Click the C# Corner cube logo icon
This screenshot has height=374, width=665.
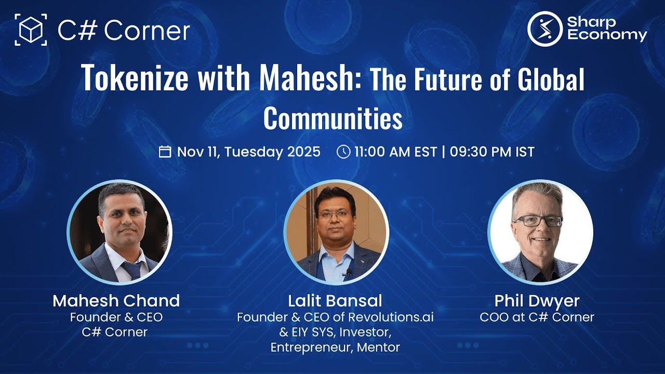(31, 30)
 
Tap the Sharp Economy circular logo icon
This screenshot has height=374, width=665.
(545, 29)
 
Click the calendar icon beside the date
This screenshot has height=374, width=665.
(165, 152)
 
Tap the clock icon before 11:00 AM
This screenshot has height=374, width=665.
(343, 152)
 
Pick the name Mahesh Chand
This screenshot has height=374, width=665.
(116, 300)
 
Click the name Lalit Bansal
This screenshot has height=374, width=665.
(335, 300)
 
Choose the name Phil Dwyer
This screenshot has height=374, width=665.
(537, 300)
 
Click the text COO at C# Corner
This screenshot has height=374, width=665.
(537, 317)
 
